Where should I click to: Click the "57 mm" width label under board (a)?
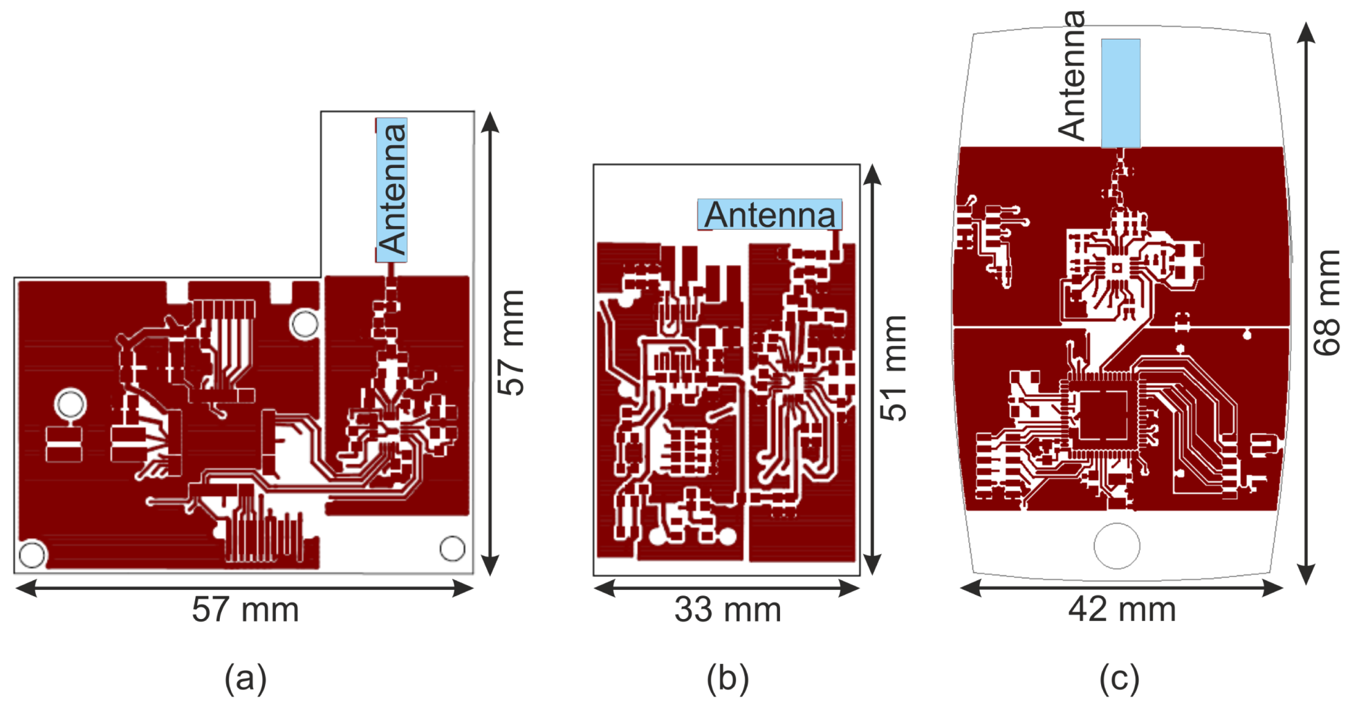pos(245,610)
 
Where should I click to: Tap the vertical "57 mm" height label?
pos(512,342)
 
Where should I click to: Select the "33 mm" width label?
pos(728,610)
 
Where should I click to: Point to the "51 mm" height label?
pos(894,368)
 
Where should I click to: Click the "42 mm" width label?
pos(1122,610)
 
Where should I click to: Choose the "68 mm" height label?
pos(1327,303)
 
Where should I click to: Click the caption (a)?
pos(246,678)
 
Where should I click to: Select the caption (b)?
pos(728,678)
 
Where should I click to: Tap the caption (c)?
pos(1120,678)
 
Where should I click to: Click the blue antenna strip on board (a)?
pos(391,190)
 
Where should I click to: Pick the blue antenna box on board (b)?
pos(770,214)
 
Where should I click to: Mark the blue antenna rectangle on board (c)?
pos(1120,93)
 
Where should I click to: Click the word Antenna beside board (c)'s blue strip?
pos(1072,76)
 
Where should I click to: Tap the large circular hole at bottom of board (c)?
pos(1117,546)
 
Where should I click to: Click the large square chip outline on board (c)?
pos(1103,415)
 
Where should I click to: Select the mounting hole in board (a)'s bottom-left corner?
pos(32,554)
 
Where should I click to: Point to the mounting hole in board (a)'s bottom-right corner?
pos(452,548)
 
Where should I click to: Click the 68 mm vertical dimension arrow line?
pos(1306,303)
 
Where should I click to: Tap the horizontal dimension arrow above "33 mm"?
pos(727,589)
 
